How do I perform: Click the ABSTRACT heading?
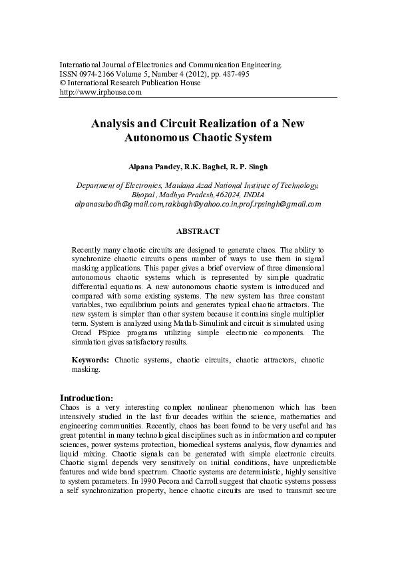coord(198,231)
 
